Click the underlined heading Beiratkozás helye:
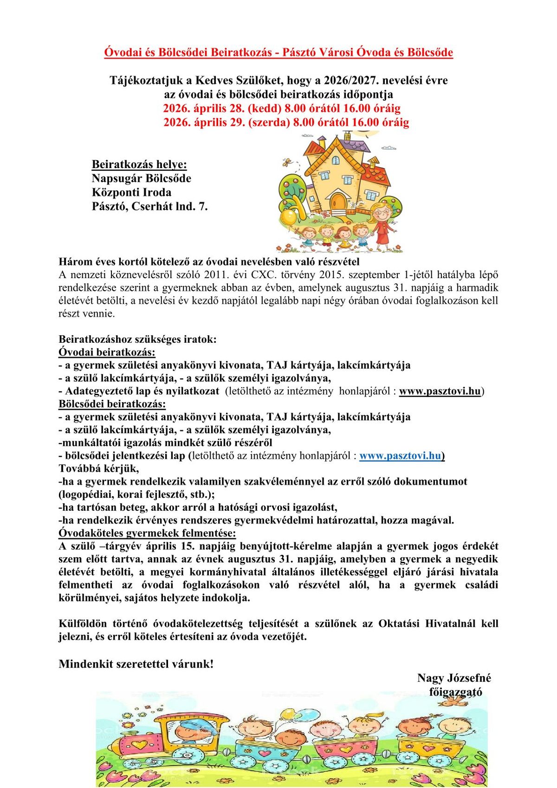139,164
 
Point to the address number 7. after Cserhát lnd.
203,207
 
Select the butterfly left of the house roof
287,163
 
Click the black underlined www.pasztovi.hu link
440,391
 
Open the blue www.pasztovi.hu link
400,456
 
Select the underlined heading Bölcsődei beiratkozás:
112,404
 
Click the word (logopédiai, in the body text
89,495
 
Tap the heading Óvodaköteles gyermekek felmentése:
147,533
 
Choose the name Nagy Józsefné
453,678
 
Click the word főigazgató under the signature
455,692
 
